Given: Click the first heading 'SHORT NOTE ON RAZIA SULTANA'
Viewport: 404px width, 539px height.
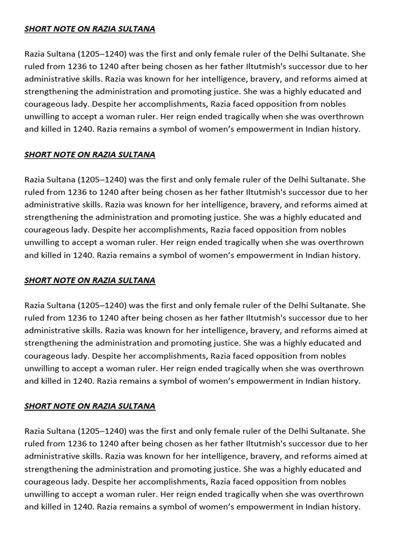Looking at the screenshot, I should (89, 29).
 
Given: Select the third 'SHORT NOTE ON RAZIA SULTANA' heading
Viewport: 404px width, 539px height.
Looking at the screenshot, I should (89, 281).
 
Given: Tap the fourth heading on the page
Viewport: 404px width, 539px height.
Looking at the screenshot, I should (89, 406).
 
